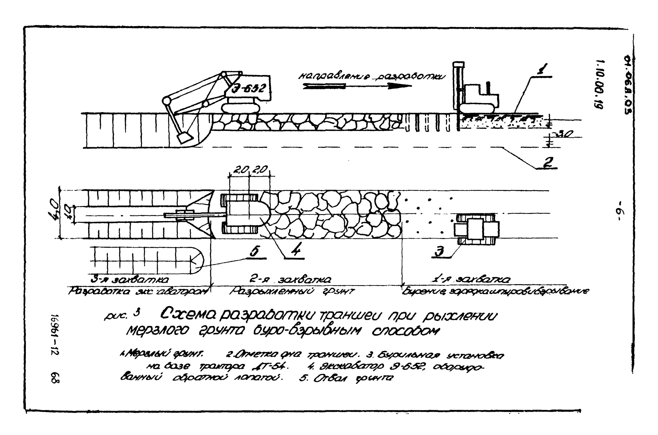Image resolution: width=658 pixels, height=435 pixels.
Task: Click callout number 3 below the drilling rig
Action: [x=439, y=252]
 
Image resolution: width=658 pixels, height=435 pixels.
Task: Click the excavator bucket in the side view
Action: [x=185, y=137]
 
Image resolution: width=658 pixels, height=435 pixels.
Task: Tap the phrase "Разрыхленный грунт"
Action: [x=291, y=292]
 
